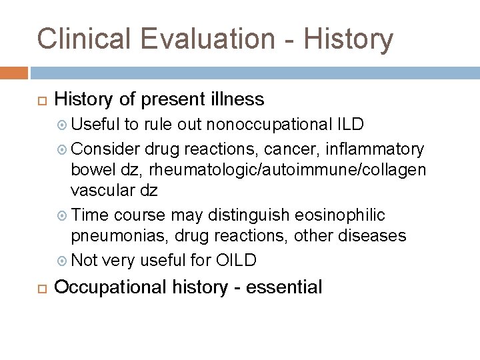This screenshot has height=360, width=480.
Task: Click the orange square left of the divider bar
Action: pyautogui.click(x=13, y=71)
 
